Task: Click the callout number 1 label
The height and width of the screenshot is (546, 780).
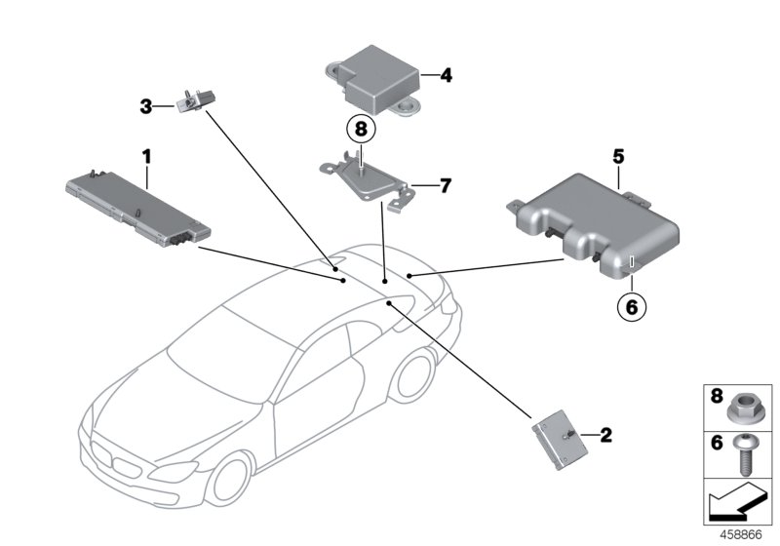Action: (147, 156)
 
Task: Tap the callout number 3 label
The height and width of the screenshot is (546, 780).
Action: (145, 107)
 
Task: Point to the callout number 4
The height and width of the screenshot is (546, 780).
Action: (446, 73)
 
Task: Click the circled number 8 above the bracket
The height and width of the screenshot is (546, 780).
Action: (359, 128)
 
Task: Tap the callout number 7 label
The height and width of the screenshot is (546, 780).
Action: (445, 184)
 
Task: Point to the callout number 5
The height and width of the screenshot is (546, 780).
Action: (618, 155)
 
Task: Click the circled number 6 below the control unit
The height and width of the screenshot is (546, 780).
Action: (631, 306)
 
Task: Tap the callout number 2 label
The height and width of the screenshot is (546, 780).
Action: (605, 436)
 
